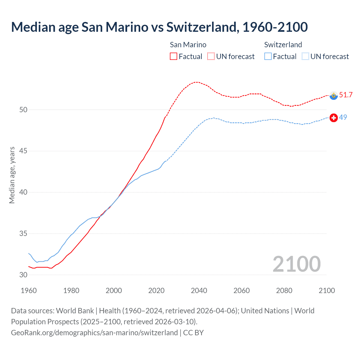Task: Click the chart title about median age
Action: tap(159, 27)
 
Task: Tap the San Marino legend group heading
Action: tap(188, 45)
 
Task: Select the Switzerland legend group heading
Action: tap(283, 45)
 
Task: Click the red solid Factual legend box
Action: tap(174, 56)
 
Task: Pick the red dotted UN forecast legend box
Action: tap(211, 56)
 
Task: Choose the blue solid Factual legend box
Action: tap(268, 56)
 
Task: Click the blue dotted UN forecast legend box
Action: tap(305, 56)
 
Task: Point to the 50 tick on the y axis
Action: tap(23, 110)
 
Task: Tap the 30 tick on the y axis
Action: tap(23, 275)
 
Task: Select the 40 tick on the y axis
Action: tap(23, 192)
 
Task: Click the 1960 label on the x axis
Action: tap(29, 291)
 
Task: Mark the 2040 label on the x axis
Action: tap(199, 291)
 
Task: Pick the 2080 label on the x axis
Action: tap(284, 291)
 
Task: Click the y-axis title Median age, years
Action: tap(12, 175)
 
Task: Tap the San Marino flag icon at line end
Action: tap(334, 96)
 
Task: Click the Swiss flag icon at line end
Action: tap(334, 118)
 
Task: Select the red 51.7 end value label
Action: tap(346, 95)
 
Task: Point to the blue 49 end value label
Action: tap(343, 117)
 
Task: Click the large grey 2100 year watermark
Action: tap(297, 264)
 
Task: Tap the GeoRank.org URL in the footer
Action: tap(94, 332)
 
